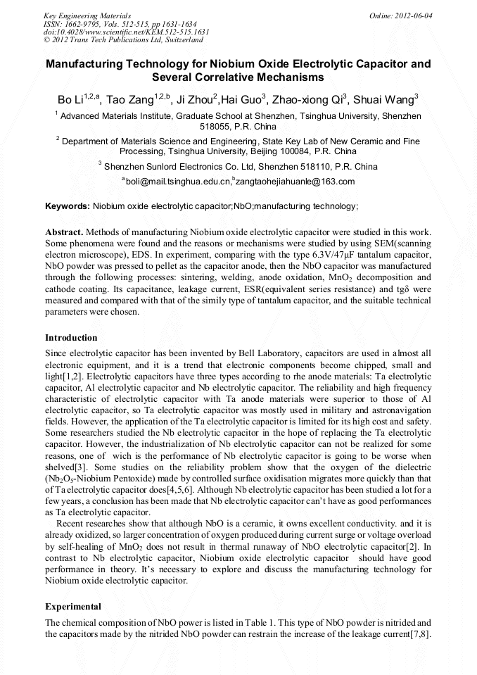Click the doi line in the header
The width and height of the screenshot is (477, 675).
click(127, 32)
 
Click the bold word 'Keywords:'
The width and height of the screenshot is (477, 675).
click(68, 206)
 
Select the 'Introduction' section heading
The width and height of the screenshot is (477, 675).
click(71, 338)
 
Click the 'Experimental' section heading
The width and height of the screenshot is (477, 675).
click(73, 606)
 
